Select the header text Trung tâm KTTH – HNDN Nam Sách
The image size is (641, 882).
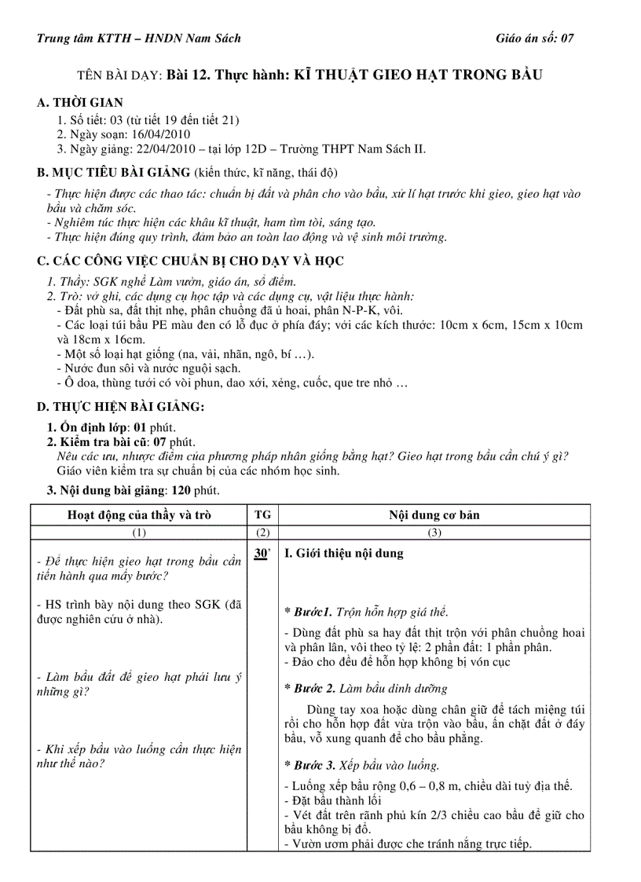click(139, 38)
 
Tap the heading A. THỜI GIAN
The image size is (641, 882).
click(80, 103)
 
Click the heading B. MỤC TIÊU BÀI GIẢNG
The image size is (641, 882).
click(114, 172)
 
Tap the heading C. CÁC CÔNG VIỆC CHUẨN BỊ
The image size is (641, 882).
click(191, 261)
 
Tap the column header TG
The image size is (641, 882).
click(263, 515)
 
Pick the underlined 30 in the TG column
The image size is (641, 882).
click(261, 554)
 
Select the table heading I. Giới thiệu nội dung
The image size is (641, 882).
click(343, 553)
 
